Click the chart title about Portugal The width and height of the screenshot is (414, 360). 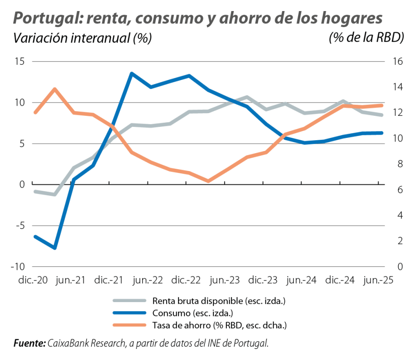point(198,18)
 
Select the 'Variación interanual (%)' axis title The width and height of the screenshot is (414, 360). point(82,39)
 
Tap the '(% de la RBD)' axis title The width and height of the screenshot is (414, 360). point(366,39)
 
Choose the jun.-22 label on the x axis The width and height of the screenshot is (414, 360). point(147,280)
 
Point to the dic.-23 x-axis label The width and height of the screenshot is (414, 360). point(262,280)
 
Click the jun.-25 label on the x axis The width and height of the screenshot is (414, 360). point(377,280)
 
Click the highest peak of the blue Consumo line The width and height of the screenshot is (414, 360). point(132,73)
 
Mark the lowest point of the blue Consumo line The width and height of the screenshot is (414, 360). point(55,248)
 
